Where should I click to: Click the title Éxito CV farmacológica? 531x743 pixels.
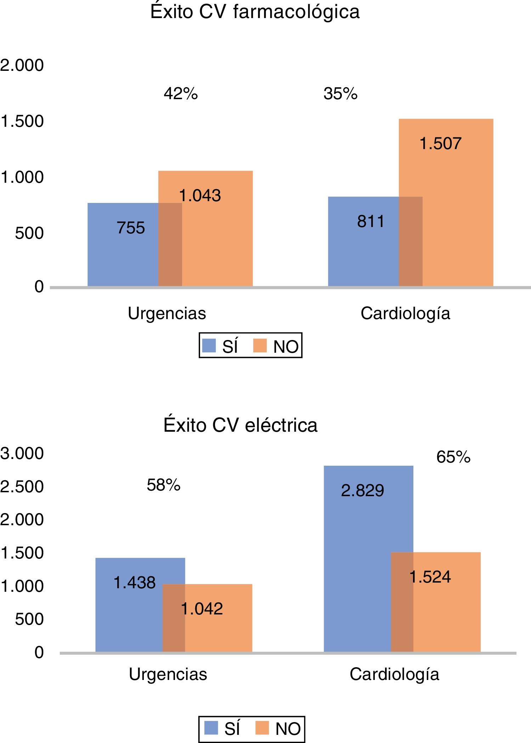click(255, 12)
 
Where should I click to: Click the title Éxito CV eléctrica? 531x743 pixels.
click(240, 425)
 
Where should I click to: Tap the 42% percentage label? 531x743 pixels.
click(181, 94)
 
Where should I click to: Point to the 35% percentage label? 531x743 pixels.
click(340, 94)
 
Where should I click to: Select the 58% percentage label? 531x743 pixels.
click(164, 485)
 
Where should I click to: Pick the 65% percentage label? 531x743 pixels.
click(453, 457)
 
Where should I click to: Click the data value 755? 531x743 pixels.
click(131, 228)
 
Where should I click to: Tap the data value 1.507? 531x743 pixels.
click(440, 144)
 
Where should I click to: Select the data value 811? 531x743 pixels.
click(371, 221)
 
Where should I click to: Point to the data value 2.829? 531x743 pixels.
click(362, 490)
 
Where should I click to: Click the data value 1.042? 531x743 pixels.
click(202, 609)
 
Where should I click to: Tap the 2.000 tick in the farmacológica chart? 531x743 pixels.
click(22, 65)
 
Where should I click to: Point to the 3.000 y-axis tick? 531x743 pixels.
click(22, 453)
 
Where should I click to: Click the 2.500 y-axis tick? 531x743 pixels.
click(22, 487)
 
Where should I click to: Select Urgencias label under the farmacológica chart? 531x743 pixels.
click(167, 313)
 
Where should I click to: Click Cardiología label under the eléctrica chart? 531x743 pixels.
click(394, 674)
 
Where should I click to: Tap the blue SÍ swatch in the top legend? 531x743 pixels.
click(209, 346)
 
